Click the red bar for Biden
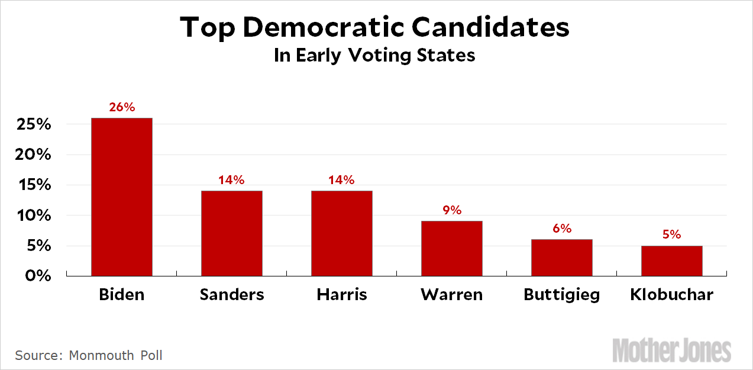click(122, 197)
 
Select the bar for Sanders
click(232, 233)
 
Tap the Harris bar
click(342, 233)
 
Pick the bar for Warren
click(452, 248)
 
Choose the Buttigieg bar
click(562, 258)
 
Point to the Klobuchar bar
click(672, 260)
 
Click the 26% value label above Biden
click(122, 108)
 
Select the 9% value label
click(452, 210)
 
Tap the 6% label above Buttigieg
click(562, 229)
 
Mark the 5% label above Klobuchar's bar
click(672, 235)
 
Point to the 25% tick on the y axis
click(34, 125)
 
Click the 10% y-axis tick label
click(34, 215)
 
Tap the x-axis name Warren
click(452, 294)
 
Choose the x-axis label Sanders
click(232, 294)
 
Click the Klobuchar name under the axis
click(672, 294)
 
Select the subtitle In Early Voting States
click(374, 55)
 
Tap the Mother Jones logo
click(672, 350)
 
